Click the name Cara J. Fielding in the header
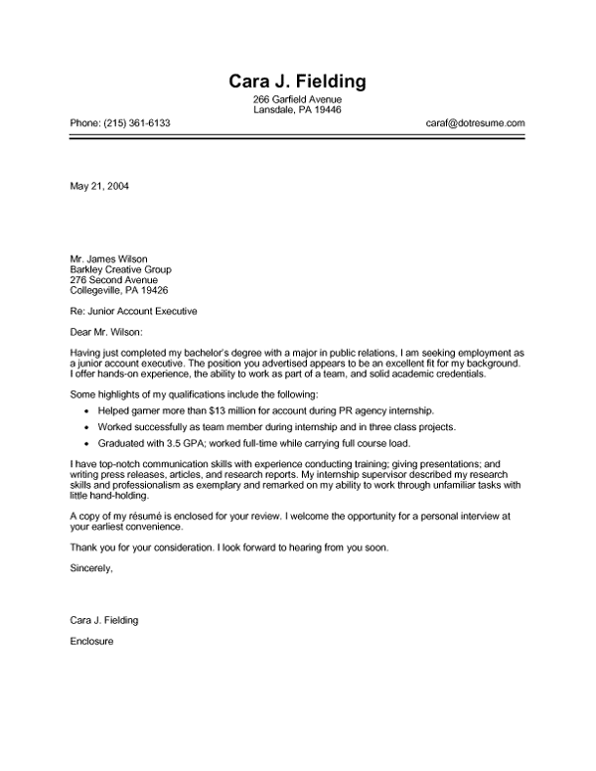pyautogui.click(x=297, y=81)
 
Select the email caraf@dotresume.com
pyautogui.click(x=476, y=123)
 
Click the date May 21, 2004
pyautogui.click(x=99, y=186)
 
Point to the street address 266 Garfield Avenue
pyautogui.click(x=297, y=100)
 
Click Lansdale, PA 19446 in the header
pyautogui.click(x=297, y=110)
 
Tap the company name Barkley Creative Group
pyautogui.click(x=120, y=269)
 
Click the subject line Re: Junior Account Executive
pyautogui.click(x=133, y=311)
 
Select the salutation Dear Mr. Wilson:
pyautogui.click(x=106, y=332)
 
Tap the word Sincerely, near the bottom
pyautogui.click(x=91, y=568)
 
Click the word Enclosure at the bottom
pyautogui.click(x=93, y=641)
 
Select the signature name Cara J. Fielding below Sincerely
pyautogui.click(x=104, y=620)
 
